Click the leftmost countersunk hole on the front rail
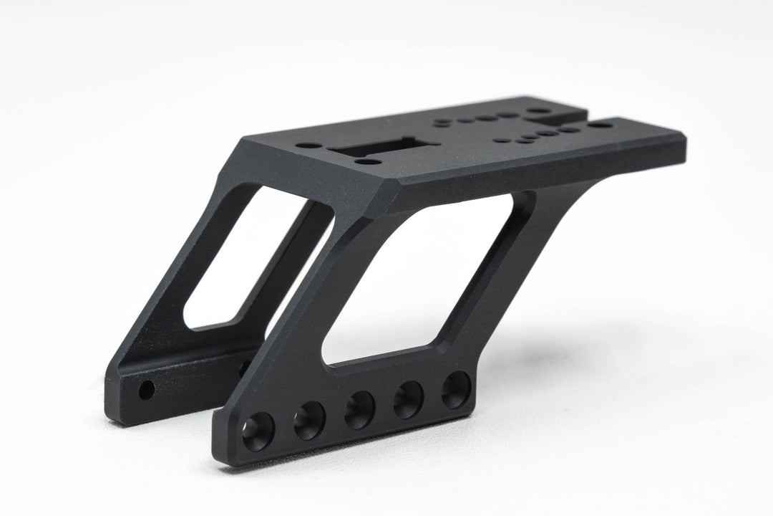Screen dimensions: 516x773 coord(258,431)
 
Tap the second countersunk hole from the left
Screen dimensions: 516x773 coord(309,421)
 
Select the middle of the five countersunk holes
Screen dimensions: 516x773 coord(359,410)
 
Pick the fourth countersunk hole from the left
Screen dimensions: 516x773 coord(408,400)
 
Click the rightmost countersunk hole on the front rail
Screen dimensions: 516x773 coord(455,390)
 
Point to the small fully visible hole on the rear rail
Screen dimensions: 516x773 coord(146,391)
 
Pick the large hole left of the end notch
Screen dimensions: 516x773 coord(538,112)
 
